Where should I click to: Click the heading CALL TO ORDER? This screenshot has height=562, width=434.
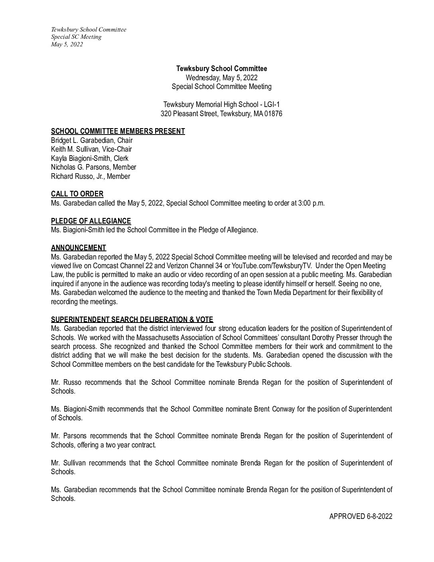[77, 194]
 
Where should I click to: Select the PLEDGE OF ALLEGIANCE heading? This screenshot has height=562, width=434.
[91, 221]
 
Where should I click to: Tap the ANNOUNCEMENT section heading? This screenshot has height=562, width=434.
[78, 248]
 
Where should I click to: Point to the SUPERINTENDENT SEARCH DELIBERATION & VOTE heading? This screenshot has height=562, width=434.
[132, 320]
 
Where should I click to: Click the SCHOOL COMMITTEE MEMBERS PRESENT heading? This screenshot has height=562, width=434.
[118, 131]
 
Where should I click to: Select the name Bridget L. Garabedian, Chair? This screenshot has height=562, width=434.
[91, 140]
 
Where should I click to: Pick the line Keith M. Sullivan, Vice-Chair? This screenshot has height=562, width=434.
[91, 149]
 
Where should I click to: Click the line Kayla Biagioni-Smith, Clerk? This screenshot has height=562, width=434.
[89, 158]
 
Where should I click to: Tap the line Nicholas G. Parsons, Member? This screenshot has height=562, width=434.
[93, 167]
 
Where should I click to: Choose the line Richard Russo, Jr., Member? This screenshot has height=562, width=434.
[90, 176]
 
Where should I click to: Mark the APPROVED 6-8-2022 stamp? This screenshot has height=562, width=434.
[361, 516]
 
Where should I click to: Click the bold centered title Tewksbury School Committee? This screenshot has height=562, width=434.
[221, 69]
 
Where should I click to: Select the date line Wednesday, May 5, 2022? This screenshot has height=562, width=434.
[221, 77]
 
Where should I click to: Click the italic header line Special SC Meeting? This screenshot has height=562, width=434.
[76, 37]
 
